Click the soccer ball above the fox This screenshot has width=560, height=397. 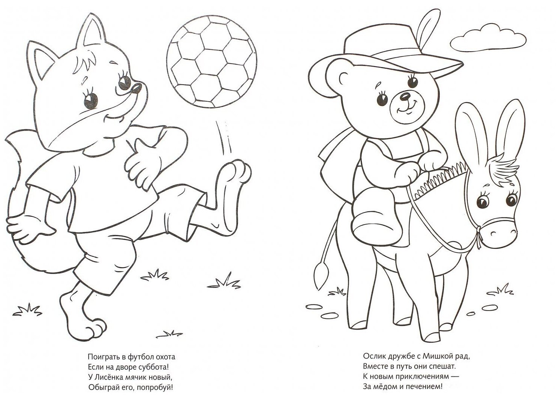click(x=212, y=62)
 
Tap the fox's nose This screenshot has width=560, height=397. click(x=136, y=88)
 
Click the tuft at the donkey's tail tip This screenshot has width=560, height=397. click(x=321, y=275)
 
